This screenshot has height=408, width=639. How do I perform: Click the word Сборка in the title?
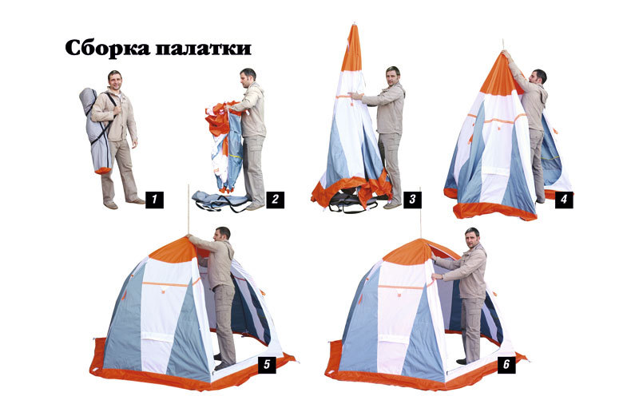pos(108,48)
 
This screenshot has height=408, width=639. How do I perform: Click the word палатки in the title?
pos(203,49)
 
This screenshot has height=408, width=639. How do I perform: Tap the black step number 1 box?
pos(154,200)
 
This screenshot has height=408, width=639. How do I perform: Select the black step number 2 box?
pos(275,200)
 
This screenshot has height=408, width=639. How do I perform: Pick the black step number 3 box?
pos(412,200)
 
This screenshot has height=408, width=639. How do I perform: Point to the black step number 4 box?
pos(564,200)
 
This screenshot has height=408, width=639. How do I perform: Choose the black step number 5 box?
pos(267,364)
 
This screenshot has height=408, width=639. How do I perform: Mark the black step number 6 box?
pos(506,364)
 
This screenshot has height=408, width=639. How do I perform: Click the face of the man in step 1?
pos(115,81)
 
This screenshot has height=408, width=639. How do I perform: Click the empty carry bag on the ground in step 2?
pos(220,200)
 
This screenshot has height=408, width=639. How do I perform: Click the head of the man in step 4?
pos(538,77)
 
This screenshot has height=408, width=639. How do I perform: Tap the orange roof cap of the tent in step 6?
pos(410,252)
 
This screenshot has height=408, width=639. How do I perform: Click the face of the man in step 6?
pos(471,239)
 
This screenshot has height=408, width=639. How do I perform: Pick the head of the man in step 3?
pos(393,76)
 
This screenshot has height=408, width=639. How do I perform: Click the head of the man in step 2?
pos(248,77)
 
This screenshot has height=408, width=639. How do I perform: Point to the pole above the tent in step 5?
pos(189,210)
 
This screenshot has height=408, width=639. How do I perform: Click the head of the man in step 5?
pos(222,236)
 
